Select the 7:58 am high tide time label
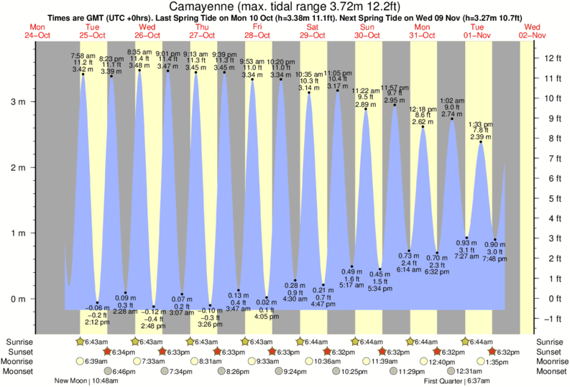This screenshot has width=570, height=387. (x=83, y=55)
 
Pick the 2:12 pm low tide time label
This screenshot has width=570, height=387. (x=96, y=322)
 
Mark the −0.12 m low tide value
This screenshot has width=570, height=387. (x=153, y=312)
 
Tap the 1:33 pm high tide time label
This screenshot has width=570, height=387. (x=479, y=123)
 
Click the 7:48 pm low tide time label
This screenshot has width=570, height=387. (x=495, y=258)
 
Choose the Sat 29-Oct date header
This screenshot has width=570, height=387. (x=313, y=30)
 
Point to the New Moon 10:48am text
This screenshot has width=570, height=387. (x=91, y=381)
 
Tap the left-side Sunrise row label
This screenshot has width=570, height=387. (x=19, y=342)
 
